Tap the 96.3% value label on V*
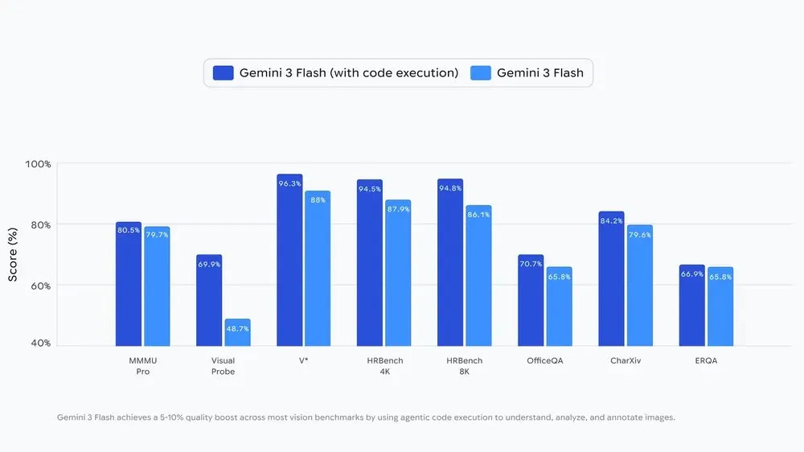point(289,183)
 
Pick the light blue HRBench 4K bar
point(398,273)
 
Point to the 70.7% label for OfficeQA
point(531,264)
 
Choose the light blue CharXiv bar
point(639,286)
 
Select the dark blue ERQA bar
point(691,306)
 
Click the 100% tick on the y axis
point(38,164)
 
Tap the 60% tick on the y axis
point(40,286)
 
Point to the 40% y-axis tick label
point(40,343)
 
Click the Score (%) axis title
point(13,254)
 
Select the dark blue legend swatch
point(223,73)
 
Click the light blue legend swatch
point(480,73)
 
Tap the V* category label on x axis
point(303,361)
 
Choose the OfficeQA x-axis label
point(544,361)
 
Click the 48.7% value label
point(237,329)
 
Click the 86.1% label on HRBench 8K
point(478,215)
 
